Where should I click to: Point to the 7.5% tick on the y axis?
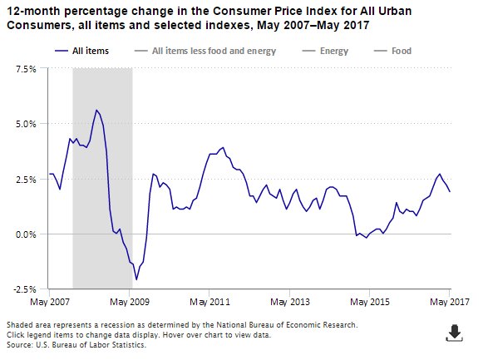coord(26,69)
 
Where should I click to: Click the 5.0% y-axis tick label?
coord(26,124)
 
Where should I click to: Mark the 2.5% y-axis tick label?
coord(26,179)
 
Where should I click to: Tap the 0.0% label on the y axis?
coord(26,234)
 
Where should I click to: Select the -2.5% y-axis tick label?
coord(24,289)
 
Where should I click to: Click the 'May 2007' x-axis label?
coord(49,301)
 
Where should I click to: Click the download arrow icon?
coord(454,333)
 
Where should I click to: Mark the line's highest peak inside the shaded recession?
coord(96,110)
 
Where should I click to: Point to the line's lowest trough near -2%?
coord(136,279)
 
